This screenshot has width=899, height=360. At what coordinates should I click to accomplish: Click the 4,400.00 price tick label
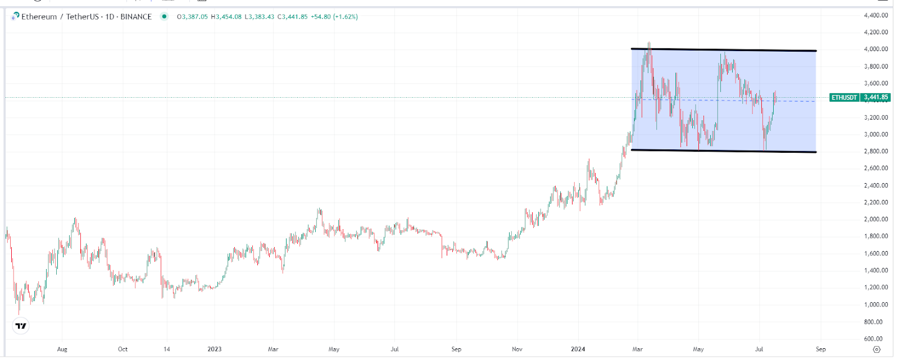pyautogui.click(x=876, y=15)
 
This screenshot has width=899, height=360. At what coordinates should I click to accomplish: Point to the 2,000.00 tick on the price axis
pyautogui.click(x=876, y=219)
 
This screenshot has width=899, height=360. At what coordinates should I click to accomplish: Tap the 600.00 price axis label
pyautogui.click(x=873, y=339)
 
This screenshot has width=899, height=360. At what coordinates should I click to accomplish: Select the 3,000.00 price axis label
pyautogui.click(x=876, y=134)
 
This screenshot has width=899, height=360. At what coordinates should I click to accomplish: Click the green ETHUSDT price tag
pyautogui.click(x=860, y=97)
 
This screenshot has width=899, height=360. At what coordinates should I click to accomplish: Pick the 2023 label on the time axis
pyautogui.click(x=214, y=349)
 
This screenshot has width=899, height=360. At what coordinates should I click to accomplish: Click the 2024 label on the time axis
pyautogui.click(x=578, y=349)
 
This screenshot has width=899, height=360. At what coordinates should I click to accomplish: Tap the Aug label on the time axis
pyautogui.click(x=62, y=349)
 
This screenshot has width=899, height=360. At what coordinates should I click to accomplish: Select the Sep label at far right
pyautogui.click(x=820, y=349)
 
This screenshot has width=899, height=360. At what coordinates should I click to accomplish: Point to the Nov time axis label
pyautogui.click(x=517, y=349)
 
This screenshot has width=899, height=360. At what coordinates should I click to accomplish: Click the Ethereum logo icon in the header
pyautogui.click(x=15, y=16)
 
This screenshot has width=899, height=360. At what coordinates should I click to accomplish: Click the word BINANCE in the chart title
pyautogui.click(x=136, y=17)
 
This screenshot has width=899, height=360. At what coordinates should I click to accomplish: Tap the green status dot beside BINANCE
pyautogui.click(x=164, y=16)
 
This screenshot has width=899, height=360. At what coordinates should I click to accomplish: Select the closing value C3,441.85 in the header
pyautogui.click(x=292, y=17)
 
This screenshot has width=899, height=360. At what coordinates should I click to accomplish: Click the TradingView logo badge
pyautogui.click(x=21, y=326)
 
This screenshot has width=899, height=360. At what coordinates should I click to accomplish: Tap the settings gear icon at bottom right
pyautogui.click(x=877, y=349)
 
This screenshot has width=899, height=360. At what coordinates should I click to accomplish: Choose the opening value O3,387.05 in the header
pyautogui.click(x=192, y=17)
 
